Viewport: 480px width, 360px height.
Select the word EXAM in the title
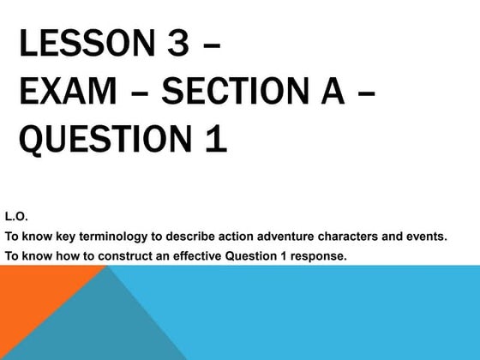68,91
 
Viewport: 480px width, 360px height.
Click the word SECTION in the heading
234,91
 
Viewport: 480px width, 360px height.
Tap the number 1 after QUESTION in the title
215,138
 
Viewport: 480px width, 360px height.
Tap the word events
426,237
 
